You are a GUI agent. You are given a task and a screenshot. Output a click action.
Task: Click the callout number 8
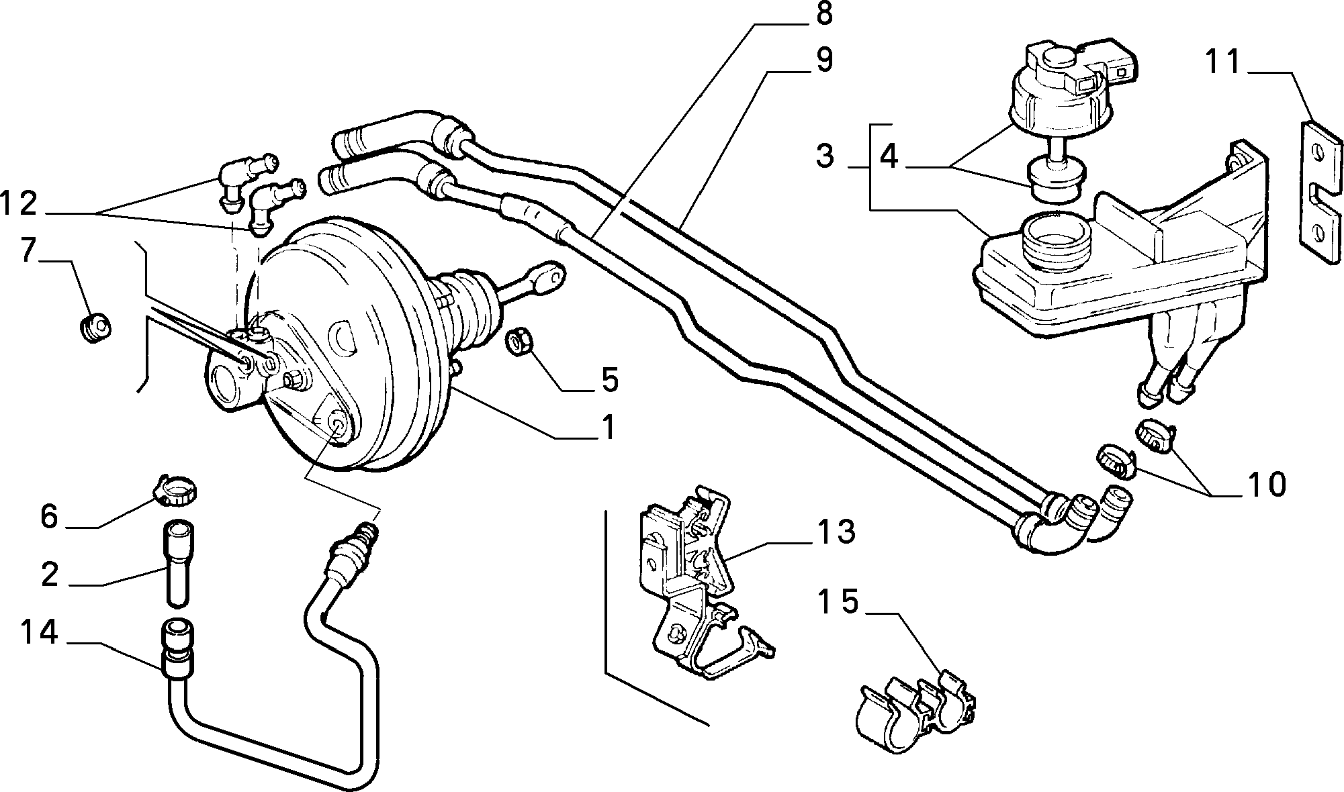click(824, 14)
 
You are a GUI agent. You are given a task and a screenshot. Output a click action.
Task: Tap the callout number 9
click(823, 60)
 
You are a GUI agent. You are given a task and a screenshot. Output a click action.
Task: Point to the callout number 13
click(836, 532)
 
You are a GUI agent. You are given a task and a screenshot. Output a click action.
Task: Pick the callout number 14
click(39, 633)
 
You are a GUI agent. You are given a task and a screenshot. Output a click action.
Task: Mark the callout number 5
click(609, 380)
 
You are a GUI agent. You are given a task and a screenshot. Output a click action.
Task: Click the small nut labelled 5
click(519, 342)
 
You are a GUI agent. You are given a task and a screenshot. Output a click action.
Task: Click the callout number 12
click(18, 202)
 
